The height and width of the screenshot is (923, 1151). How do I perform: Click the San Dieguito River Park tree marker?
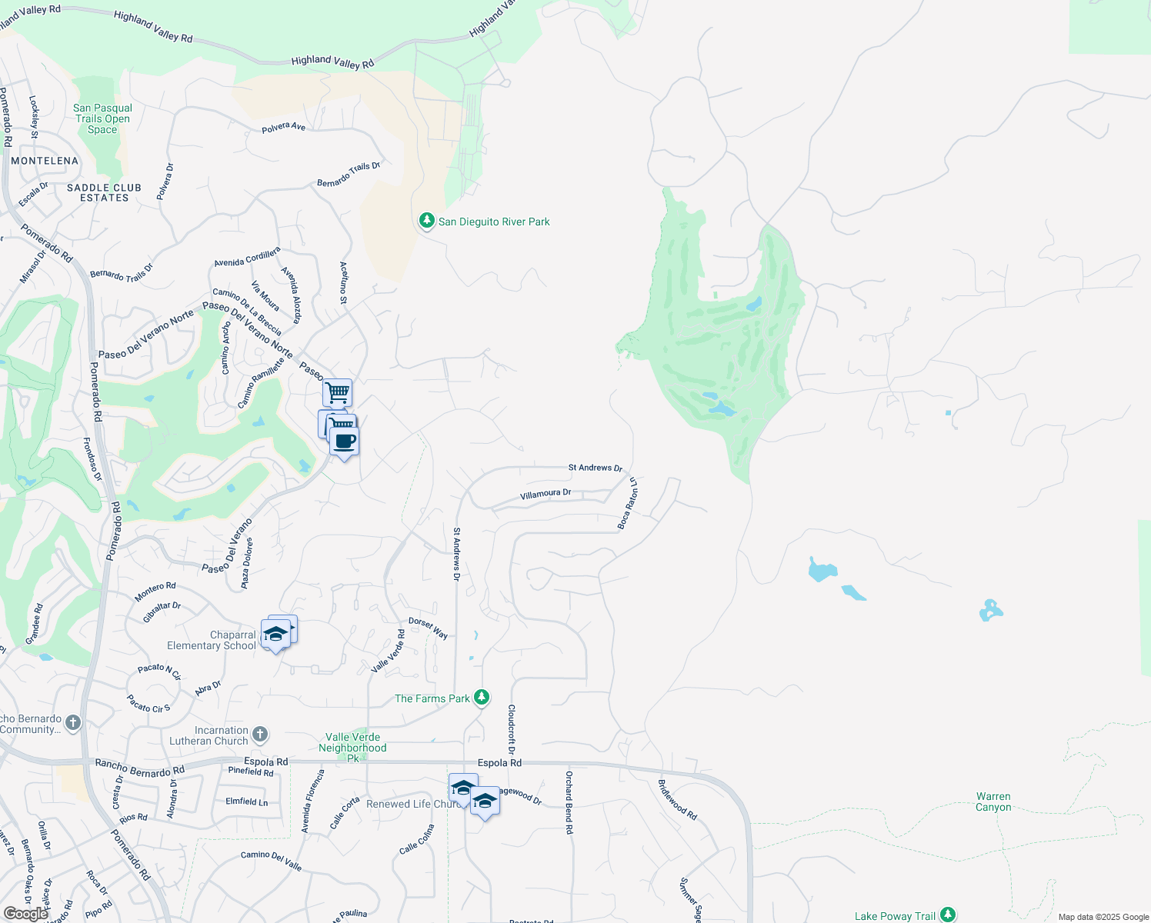click(426, 221)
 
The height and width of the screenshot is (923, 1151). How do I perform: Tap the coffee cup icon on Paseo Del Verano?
click(345, 442)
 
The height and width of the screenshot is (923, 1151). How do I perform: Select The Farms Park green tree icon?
click(482, 698)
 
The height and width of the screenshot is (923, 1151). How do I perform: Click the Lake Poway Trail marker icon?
click(948, 915)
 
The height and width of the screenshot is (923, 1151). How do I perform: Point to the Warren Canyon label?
click(993, 801)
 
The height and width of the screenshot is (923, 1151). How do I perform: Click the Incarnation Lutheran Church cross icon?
click(260, 734)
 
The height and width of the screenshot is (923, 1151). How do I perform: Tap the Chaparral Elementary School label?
click(212, 640)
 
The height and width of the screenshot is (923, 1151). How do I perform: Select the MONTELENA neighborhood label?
click(45, 161)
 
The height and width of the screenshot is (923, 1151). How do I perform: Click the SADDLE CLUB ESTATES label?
click(104, 192)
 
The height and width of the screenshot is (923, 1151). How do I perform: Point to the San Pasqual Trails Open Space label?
click(102, 118)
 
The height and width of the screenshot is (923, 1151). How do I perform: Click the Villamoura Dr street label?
click(545, 494)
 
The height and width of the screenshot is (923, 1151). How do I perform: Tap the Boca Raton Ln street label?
click(628, 504)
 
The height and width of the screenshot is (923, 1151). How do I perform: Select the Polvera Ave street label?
click(283, 127)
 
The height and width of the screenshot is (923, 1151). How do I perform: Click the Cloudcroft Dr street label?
click(511, 728)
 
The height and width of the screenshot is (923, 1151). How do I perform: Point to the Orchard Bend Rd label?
click(569, 802)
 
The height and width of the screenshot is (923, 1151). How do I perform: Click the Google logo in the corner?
click(25, 914)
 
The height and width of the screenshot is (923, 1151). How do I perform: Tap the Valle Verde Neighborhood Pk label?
click(352, 747)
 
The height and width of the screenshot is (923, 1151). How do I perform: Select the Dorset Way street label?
click(428, 628)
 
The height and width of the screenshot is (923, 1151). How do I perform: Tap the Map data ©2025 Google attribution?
click(1103, 917)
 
